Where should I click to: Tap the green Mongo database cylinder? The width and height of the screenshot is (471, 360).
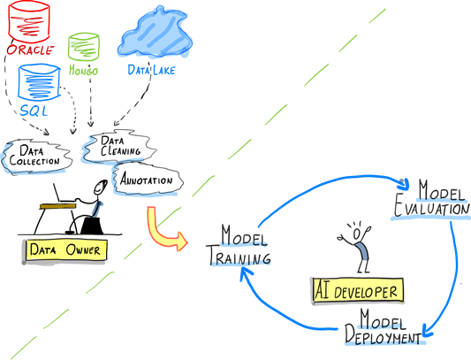(x=83, y=46)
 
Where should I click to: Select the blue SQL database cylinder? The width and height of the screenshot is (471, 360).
(x=40, y=81)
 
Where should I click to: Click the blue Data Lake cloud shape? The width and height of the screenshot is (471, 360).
(x=155, y=33)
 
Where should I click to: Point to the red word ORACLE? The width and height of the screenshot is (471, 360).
(x=30, y=50)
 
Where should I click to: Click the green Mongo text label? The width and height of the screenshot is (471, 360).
(x=83, y=71)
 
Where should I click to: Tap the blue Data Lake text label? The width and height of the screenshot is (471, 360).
(x=151, y=71)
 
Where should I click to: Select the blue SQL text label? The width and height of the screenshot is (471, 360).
(x=34, y=111)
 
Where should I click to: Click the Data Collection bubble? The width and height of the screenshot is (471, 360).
(x=36, y=157)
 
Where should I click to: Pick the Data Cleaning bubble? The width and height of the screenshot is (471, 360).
(x=119, y=147)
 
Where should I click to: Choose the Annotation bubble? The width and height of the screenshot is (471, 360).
(x=148, y=180)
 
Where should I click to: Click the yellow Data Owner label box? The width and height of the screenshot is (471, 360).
(x=65, y=250)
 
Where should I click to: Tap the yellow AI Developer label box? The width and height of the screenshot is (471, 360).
(x=358, y=290)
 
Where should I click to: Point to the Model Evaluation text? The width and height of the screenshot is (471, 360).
(x=431, y=198)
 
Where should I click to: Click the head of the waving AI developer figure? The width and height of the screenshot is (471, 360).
(x=356, y=234)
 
